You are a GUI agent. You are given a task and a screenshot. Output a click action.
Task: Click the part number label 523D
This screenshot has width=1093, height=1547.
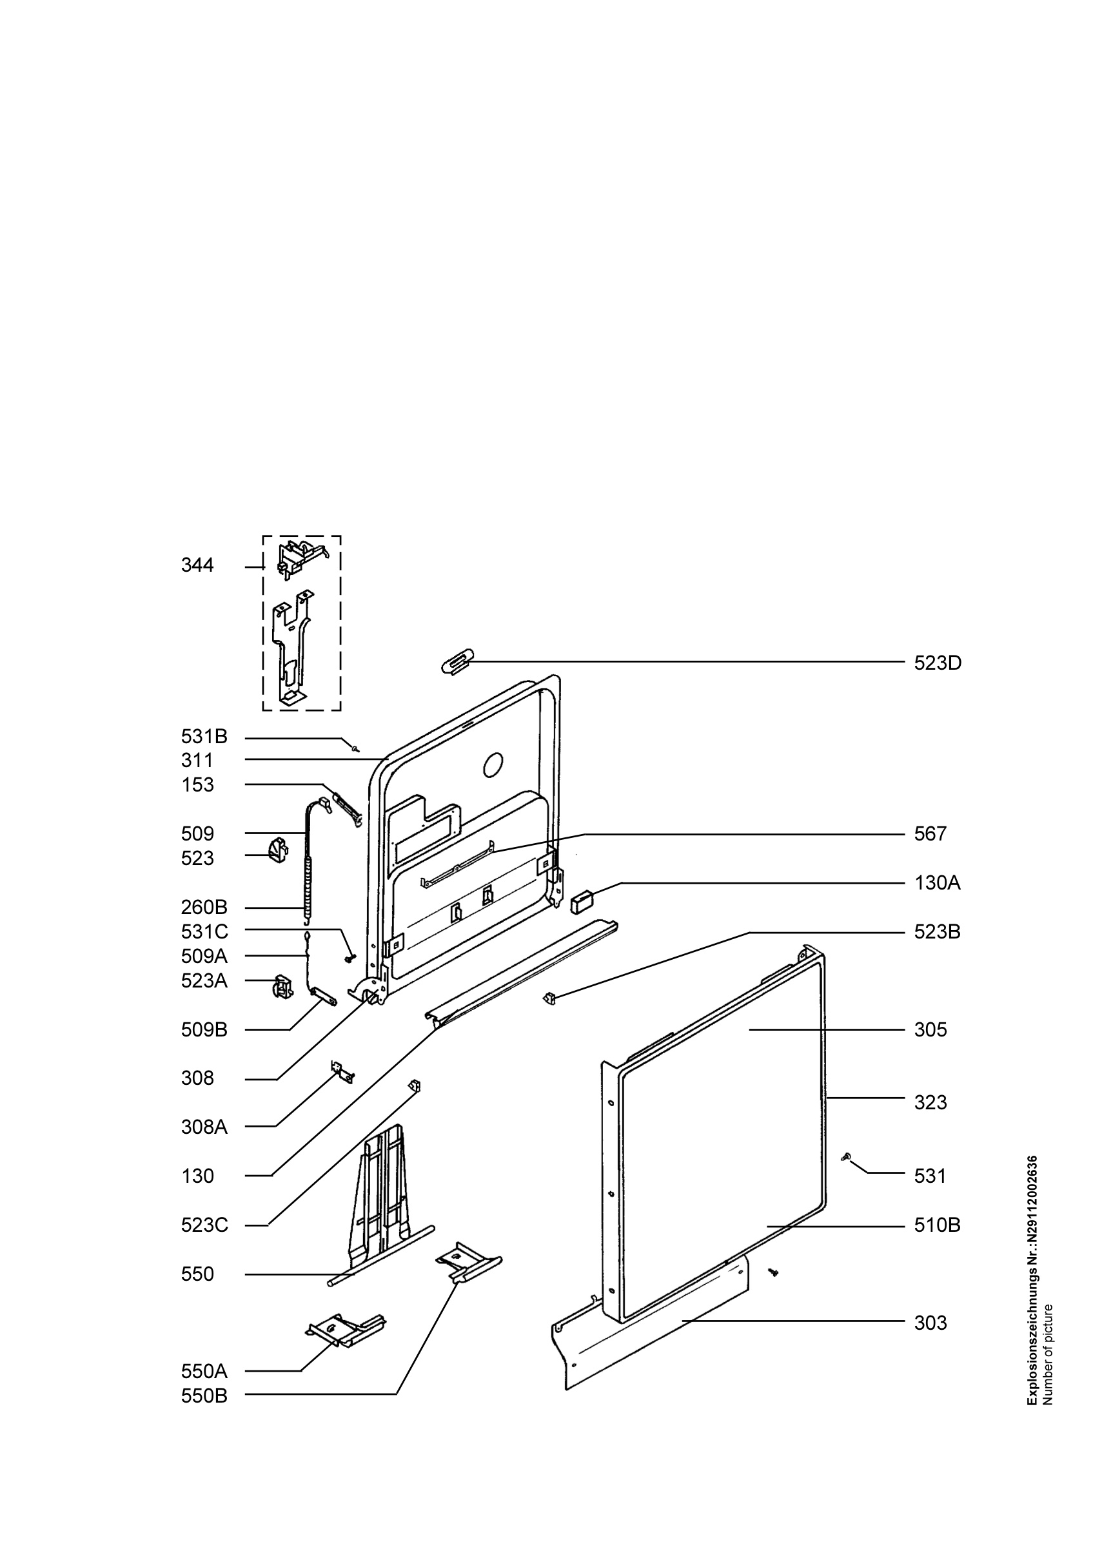tap(938, 663)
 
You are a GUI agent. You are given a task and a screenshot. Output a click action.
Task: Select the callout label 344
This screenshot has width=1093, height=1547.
tap(197, 565)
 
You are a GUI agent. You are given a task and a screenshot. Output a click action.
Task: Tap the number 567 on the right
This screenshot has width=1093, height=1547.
tap(931, 834)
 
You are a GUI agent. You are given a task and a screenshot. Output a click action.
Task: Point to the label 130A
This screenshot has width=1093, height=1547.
tap(938, 882)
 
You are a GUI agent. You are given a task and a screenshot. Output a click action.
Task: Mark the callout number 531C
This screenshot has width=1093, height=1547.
tap(205, 932)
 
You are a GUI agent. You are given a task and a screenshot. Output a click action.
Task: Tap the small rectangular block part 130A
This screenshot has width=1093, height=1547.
tap(581, 901)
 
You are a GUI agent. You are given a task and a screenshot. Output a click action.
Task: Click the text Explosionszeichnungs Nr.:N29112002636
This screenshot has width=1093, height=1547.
tap(1032, 1280)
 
